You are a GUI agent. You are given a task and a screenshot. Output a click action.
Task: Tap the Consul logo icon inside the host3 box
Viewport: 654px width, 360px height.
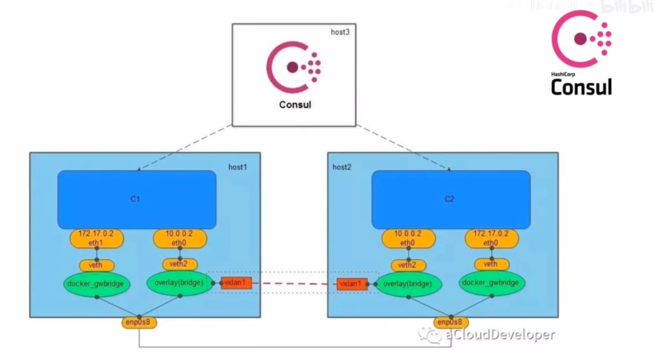294,68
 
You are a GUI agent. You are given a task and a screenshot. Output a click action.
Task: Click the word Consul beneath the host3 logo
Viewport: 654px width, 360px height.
294,105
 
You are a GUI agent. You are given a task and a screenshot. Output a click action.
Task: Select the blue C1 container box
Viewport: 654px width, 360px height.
136,199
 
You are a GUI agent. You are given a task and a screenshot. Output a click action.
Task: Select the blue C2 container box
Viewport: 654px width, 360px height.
451,199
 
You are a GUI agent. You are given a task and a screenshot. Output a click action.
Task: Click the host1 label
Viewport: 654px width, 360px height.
238,167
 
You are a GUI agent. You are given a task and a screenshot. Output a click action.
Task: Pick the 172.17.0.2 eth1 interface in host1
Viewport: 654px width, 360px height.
96,239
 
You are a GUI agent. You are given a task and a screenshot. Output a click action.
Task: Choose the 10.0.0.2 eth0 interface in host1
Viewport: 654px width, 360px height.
180,239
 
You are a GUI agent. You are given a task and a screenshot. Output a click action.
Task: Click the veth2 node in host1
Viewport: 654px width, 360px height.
180,264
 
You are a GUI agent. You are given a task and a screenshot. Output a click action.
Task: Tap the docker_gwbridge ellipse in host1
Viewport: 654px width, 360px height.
96,283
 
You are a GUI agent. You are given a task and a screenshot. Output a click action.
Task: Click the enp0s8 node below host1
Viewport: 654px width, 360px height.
140,322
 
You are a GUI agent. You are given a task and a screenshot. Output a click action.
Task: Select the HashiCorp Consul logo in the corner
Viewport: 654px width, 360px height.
582,54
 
